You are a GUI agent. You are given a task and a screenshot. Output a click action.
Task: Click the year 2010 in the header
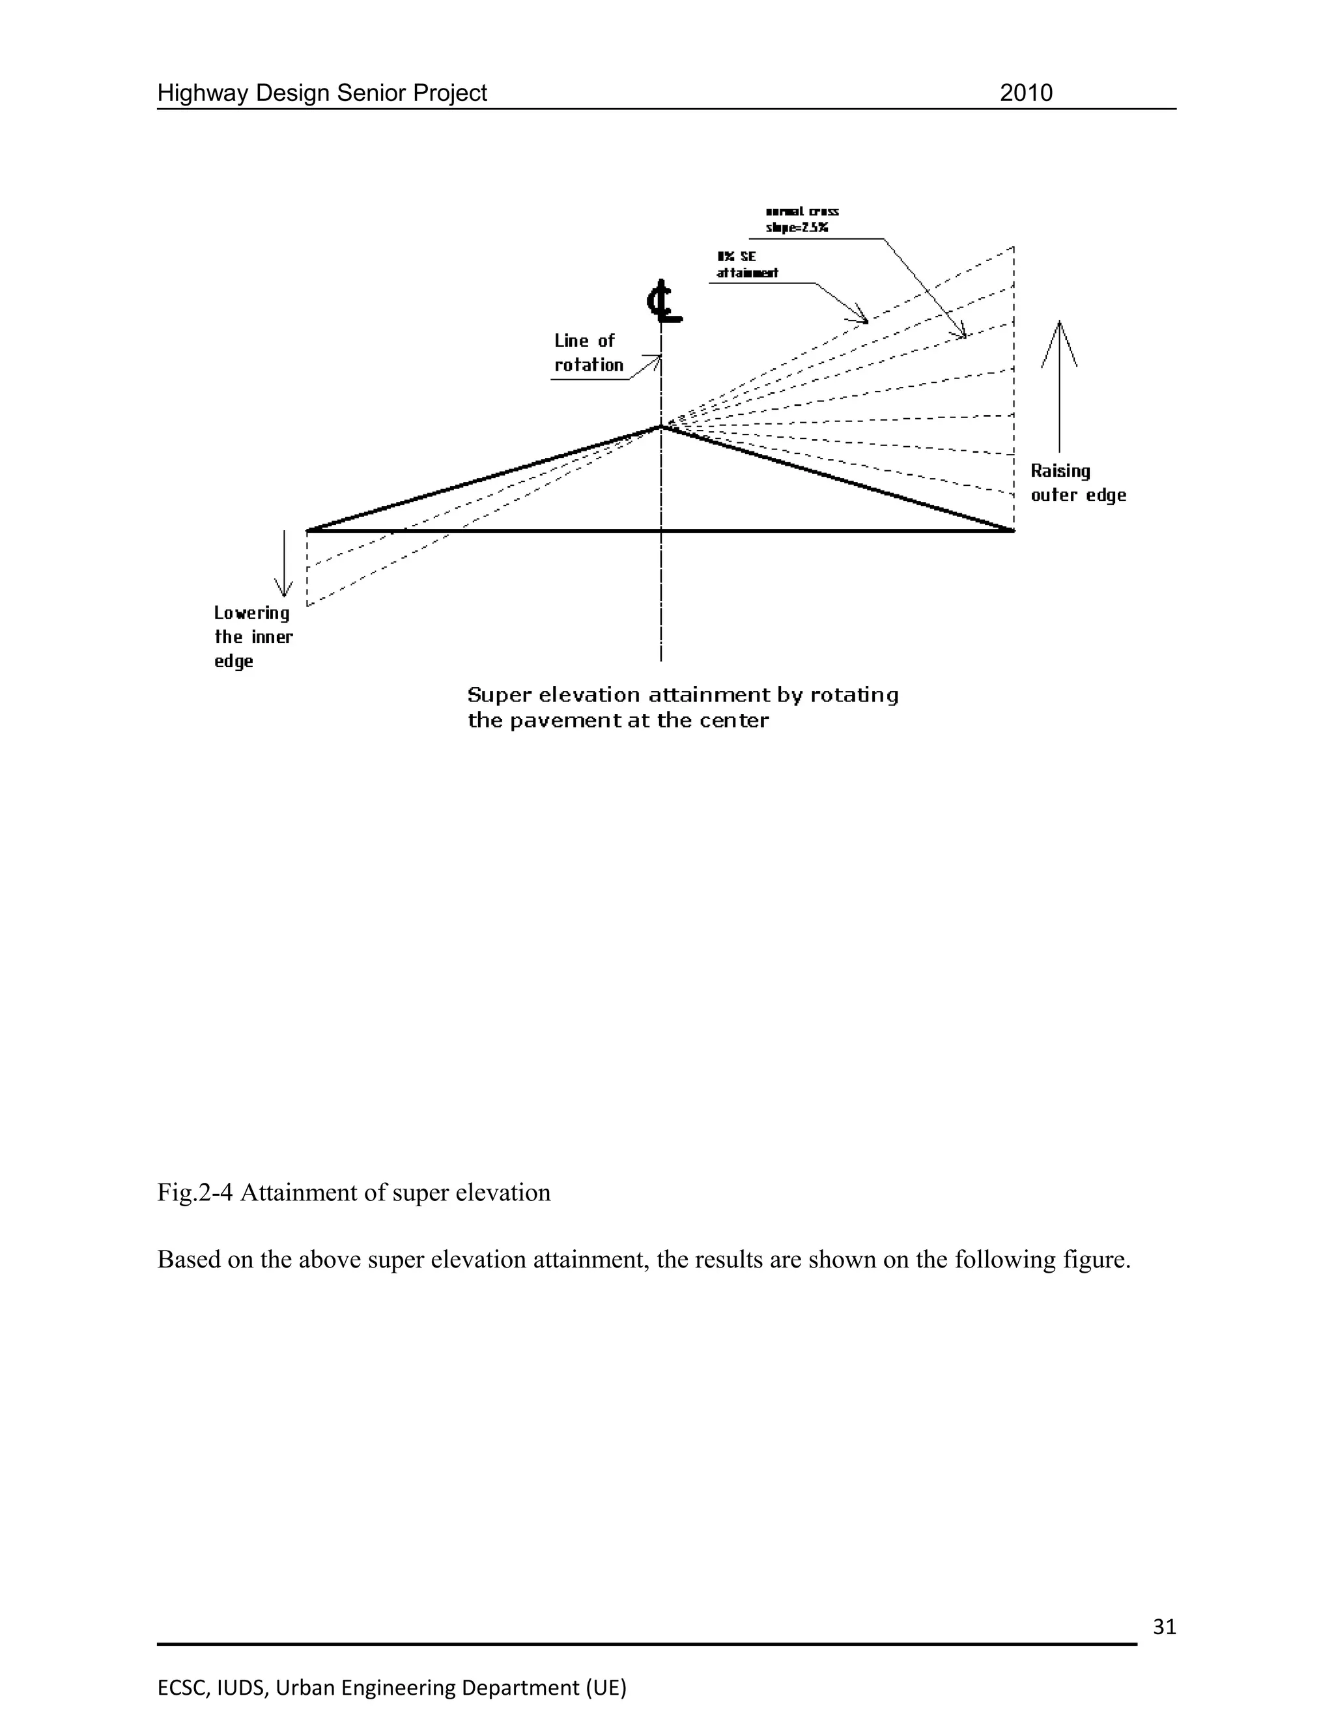[x=1026, y=93]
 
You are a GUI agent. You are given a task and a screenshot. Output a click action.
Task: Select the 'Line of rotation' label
[x=588, y=352]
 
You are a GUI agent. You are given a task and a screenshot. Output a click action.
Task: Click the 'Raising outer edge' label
[x=1077, y=483]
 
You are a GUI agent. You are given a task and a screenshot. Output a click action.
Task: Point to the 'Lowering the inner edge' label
[x=253, y=636]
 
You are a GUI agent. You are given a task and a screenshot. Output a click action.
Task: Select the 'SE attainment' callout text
[x=747, y=264]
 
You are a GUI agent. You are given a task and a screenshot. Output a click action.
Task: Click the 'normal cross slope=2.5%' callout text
[x=801, y=219]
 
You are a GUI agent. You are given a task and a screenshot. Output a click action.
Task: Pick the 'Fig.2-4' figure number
[x=194, y=1193]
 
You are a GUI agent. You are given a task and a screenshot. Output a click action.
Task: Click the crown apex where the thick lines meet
[x=660, y=427]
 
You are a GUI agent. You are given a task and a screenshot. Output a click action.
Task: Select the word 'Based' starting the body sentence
[x=189, y=1260]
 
